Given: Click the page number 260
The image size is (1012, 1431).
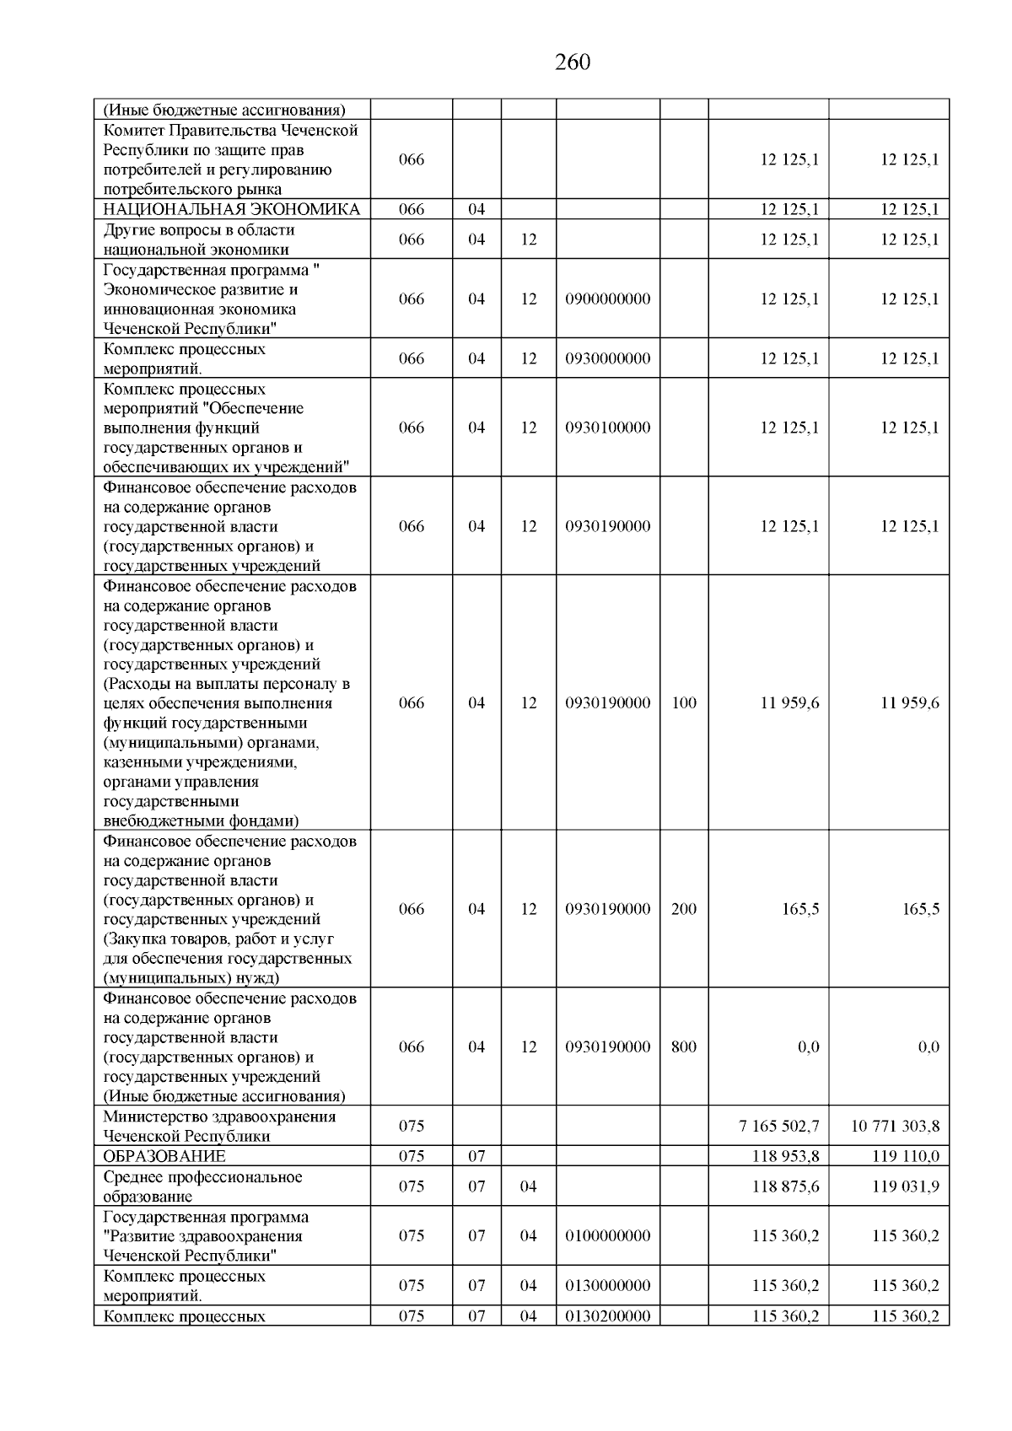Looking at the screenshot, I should click(573, 62).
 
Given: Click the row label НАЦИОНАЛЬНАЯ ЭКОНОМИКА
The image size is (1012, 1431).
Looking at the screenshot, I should click(231, 209).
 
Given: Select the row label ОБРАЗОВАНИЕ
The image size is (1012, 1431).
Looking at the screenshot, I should click(164, 1156).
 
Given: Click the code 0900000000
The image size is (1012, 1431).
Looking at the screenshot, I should click(607, 299).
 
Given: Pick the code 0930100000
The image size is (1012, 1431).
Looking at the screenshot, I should click(607, 428).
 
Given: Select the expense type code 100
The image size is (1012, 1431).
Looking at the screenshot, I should click(684, 703).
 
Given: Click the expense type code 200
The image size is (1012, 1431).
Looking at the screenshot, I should click(684, 909).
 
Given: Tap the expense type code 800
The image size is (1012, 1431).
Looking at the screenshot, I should click(684, 1047).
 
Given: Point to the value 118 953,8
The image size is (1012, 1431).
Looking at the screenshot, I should click(785, 1156).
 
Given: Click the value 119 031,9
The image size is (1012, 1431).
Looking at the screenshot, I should click(905, 1186).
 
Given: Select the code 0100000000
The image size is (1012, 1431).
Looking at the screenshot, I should click(607, 1236).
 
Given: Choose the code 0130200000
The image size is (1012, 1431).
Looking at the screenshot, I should click(607, 1316).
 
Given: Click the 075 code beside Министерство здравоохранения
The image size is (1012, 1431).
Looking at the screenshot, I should click(412, 1126).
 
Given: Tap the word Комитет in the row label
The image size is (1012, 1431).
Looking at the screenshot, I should click(134, 131).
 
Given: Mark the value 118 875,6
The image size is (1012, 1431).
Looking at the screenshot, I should click(785, 1186).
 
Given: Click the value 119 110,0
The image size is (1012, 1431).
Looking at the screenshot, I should click(905, 1156).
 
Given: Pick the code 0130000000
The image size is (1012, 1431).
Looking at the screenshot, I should click(607, 1286).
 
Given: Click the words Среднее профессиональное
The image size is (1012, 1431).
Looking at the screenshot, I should click(202, 1177).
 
